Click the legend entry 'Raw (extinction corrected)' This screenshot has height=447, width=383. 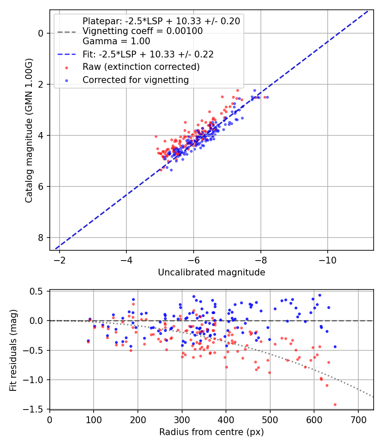click(x=141, y=67)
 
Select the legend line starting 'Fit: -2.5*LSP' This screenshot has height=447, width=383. click(x=148, y=54)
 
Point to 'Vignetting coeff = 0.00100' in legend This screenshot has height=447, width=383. click(x=143, y=31)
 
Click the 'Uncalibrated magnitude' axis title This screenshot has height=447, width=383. click(x=212, y=272)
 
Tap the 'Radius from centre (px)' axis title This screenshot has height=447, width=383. click(x=212, y=432)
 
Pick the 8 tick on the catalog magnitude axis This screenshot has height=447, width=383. click(x=40, y=238)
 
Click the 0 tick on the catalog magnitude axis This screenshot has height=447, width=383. click(x=40, y=33)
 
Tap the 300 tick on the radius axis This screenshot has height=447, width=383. click(x=182, y=420)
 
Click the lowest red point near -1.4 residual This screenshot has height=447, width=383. click(x=335, y=404)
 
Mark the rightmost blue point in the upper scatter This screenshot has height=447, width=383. click(x=267, y=97)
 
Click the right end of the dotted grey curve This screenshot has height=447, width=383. click(x=373, y=397)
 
